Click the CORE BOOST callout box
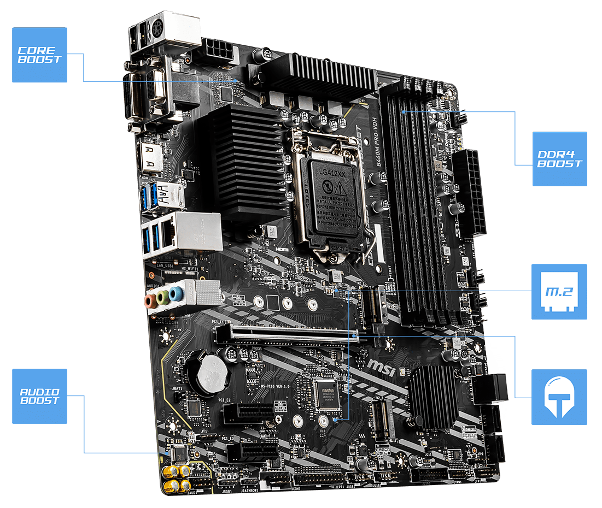click(40, 55)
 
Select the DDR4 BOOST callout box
click(559, 158)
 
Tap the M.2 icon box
click(559, 292)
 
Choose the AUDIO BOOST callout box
click(40, 396)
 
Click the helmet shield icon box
click(559, 397)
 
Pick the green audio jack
click(162, 297)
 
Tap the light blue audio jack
click(175, 294)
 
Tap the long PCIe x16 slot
click(288, 333)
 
